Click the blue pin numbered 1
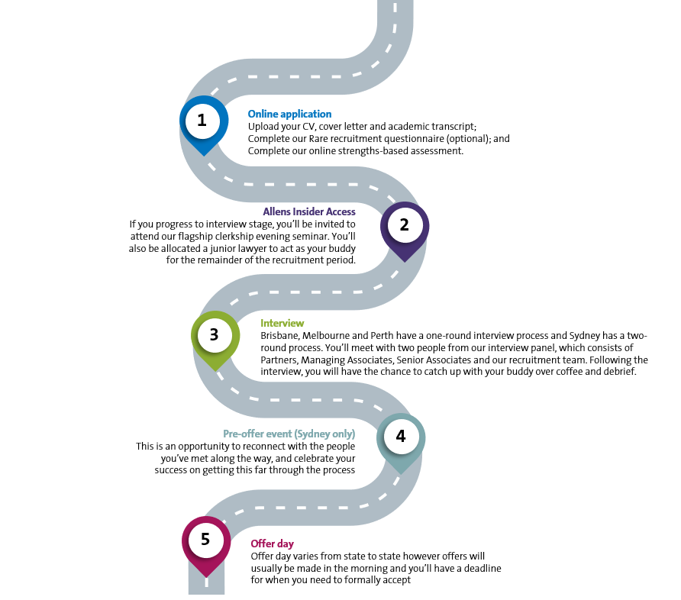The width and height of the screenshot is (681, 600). point(204,123)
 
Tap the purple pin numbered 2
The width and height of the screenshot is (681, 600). point(405,229)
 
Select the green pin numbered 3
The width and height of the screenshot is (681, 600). point(215,338)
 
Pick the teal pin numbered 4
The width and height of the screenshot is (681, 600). point(401,440)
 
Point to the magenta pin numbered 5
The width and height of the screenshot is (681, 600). point(206,544)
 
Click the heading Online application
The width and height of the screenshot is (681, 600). point(289,115)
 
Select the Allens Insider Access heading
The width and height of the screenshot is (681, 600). point(309,211)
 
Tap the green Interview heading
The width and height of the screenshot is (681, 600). point(282,323)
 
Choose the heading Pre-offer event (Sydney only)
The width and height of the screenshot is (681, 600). point(289,434)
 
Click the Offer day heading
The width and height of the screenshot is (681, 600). point(273,544)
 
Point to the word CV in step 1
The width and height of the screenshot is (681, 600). point(308,127)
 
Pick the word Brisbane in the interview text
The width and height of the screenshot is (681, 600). point(280,336)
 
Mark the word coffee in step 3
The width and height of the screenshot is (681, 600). point(566,372)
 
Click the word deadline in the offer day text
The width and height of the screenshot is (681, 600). point(483,568)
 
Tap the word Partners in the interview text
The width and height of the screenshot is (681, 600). point(279,360)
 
